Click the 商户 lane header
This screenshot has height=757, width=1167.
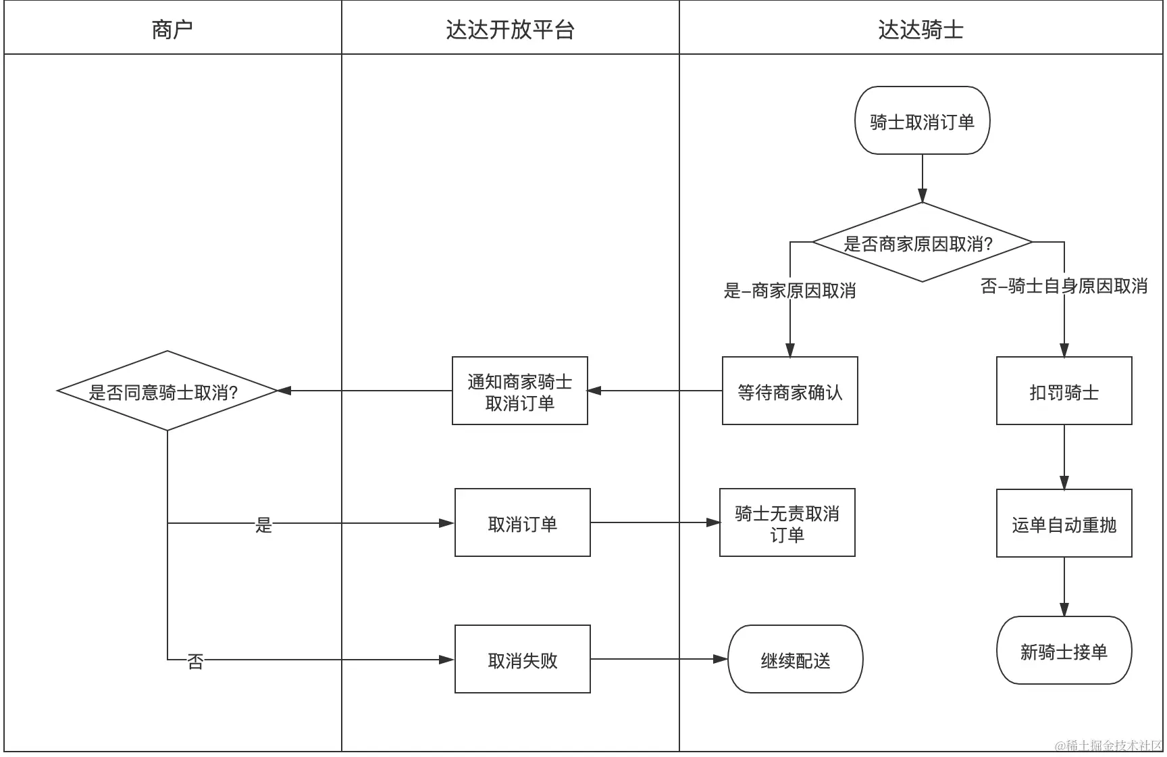172,29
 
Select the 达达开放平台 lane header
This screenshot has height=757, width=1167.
510,29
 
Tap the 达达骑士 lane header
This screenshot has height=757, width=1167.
920,29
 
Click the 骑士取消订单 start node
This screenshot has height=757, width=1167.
922,121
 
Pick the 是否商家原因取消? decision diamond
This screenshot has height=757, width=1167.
922,243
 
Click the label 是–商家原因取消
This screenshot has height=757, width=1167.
789,291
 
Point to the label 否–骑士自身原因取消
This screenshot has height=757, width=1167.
1064,286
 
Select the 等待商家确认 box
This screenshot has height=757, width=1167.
789,391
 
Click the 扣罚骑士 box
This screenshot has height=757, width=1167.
1064,391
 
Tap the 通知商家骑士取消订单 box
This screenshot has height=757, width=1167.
519,391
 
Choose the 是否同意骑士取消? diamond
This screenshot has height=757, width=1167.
167,391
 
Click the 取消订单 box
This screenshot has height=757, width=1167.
522,523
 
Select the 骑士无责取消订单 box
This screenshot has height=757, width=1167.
787,523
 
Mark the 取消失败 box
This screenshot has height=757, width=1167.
522,660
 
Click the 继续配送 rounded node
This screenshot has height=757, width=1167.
795,660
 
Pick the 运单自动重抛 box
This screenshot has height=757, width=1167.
1064,524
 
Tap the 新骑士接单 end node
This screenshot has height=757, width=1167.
1064,651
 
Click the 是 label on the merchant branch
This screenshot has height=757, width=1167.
263,524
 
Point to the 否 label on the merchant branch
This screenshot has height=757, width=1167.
195,661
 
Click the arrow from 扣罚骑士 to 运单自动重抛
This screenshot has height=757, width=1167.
1064,456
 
